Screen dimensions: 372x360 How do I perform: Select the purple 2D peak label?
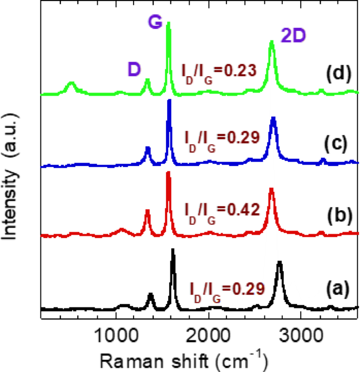pos(294,36)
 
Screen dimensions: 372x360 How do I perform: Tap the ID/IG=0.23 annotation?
pos(219,70)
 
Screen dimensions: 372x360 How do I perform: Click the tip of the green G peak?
pos(168,23)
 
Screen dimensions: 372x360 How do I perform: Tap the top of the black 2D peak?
pos(280,262)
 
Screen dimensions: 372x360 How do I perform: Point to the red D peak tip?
pos(147,211)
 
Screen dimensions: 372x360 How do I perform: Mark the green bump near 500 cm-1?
pos(70,84)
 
